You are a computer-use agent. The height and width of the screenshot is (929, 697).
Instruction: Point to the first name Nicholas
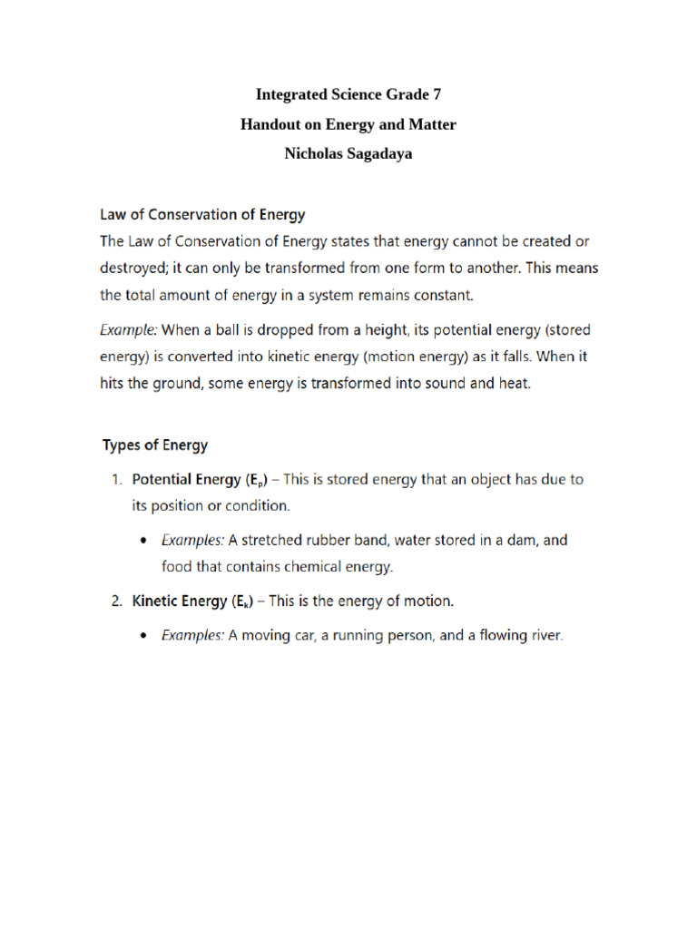pos(315,153)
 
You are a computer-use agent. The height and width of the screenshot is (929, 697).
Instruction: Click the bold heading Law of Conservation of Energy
pos(201,215)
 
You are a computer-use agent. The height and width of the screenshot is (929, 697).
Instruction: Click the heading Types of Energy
pos(155,445)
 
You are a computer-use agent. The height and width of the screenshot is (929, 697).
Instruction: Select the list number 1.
pos(115,479)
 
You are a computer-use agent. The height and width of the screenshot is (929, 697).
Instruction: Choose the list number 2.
pos(115,601)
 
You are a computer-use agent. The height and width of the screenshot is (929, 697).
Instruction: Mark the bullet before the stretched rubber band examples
pos(147,540)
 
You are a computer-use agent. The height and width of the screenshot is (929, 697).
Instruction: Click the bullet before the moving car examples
pos(147,636)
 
